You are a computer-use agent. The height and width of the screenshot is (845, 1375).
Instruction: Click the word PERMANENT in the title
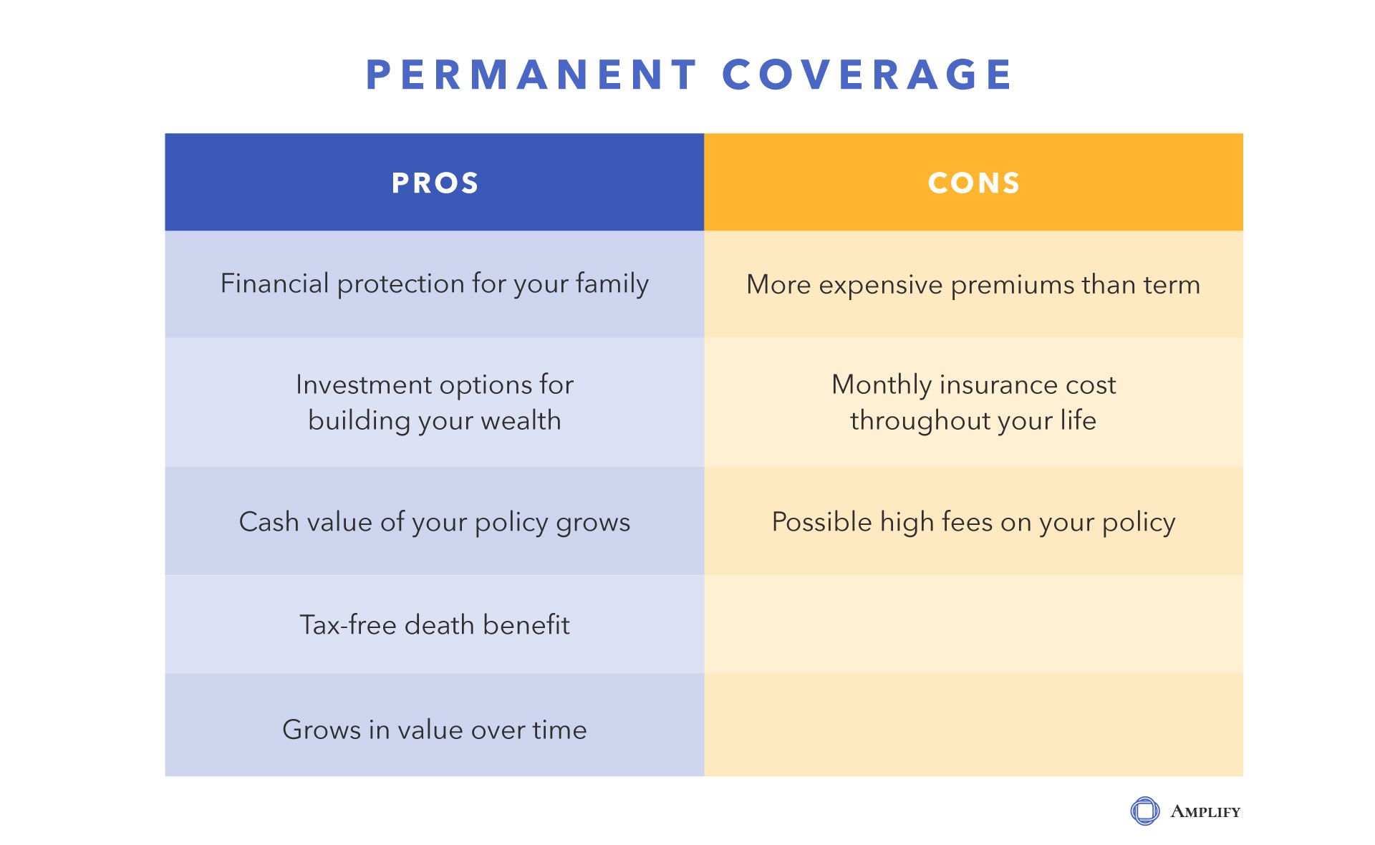[531, 74]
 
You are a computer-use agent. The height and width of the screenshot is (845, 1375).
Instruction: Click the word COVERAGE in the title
[867, 74]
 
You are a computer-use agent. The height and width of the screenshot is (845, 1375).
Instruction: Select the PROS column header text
[435, 183]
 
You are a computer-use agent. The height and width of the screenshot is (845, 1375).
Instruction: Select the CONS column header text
[974, 183]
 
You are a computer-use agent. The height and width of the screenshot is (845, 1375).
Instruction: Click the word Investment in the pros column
[364, 385]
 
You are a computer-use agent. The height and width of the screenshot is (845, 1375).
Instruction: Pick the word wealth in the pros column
[521, 420]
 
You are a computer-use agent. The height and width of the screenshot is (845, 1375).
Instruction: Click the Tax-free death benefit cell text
[435, 625]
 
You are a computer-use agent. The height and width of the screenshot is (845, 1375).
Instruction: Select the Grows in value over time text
[435, 730]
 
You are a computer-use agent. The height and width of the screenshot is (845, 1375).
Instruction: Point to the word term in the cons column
[1172, 285]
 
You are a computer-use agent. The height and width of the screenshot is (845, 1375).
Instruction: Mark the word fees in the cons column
[968, 522]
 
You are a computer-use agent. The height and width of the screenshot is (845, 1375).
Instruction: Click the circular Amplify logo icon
[1144, 811]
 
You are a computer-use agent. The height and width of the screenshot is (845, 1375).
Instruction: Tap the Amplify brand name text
[1205, 812]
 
